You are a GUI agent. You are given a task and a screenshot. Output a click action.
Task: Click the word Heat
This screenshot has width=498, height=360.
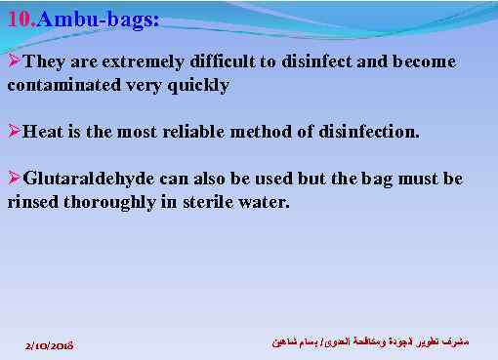tap(42, 131)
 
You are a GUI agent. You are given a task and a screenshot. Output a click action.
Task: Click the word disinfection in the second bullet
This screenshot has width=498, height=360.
tap(370, 131)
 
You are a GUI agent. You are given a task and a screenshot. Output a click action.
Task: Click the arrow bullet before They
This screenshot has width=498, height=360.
tap(14, 61)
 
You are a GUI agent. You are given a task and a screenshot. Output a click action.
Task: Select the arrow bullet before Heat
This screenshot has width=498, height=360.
tap(14, 131)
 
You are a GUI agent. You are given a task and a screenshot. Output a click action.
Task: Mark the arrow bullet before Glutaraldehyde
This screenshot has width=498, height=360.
tap(14, 180)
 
